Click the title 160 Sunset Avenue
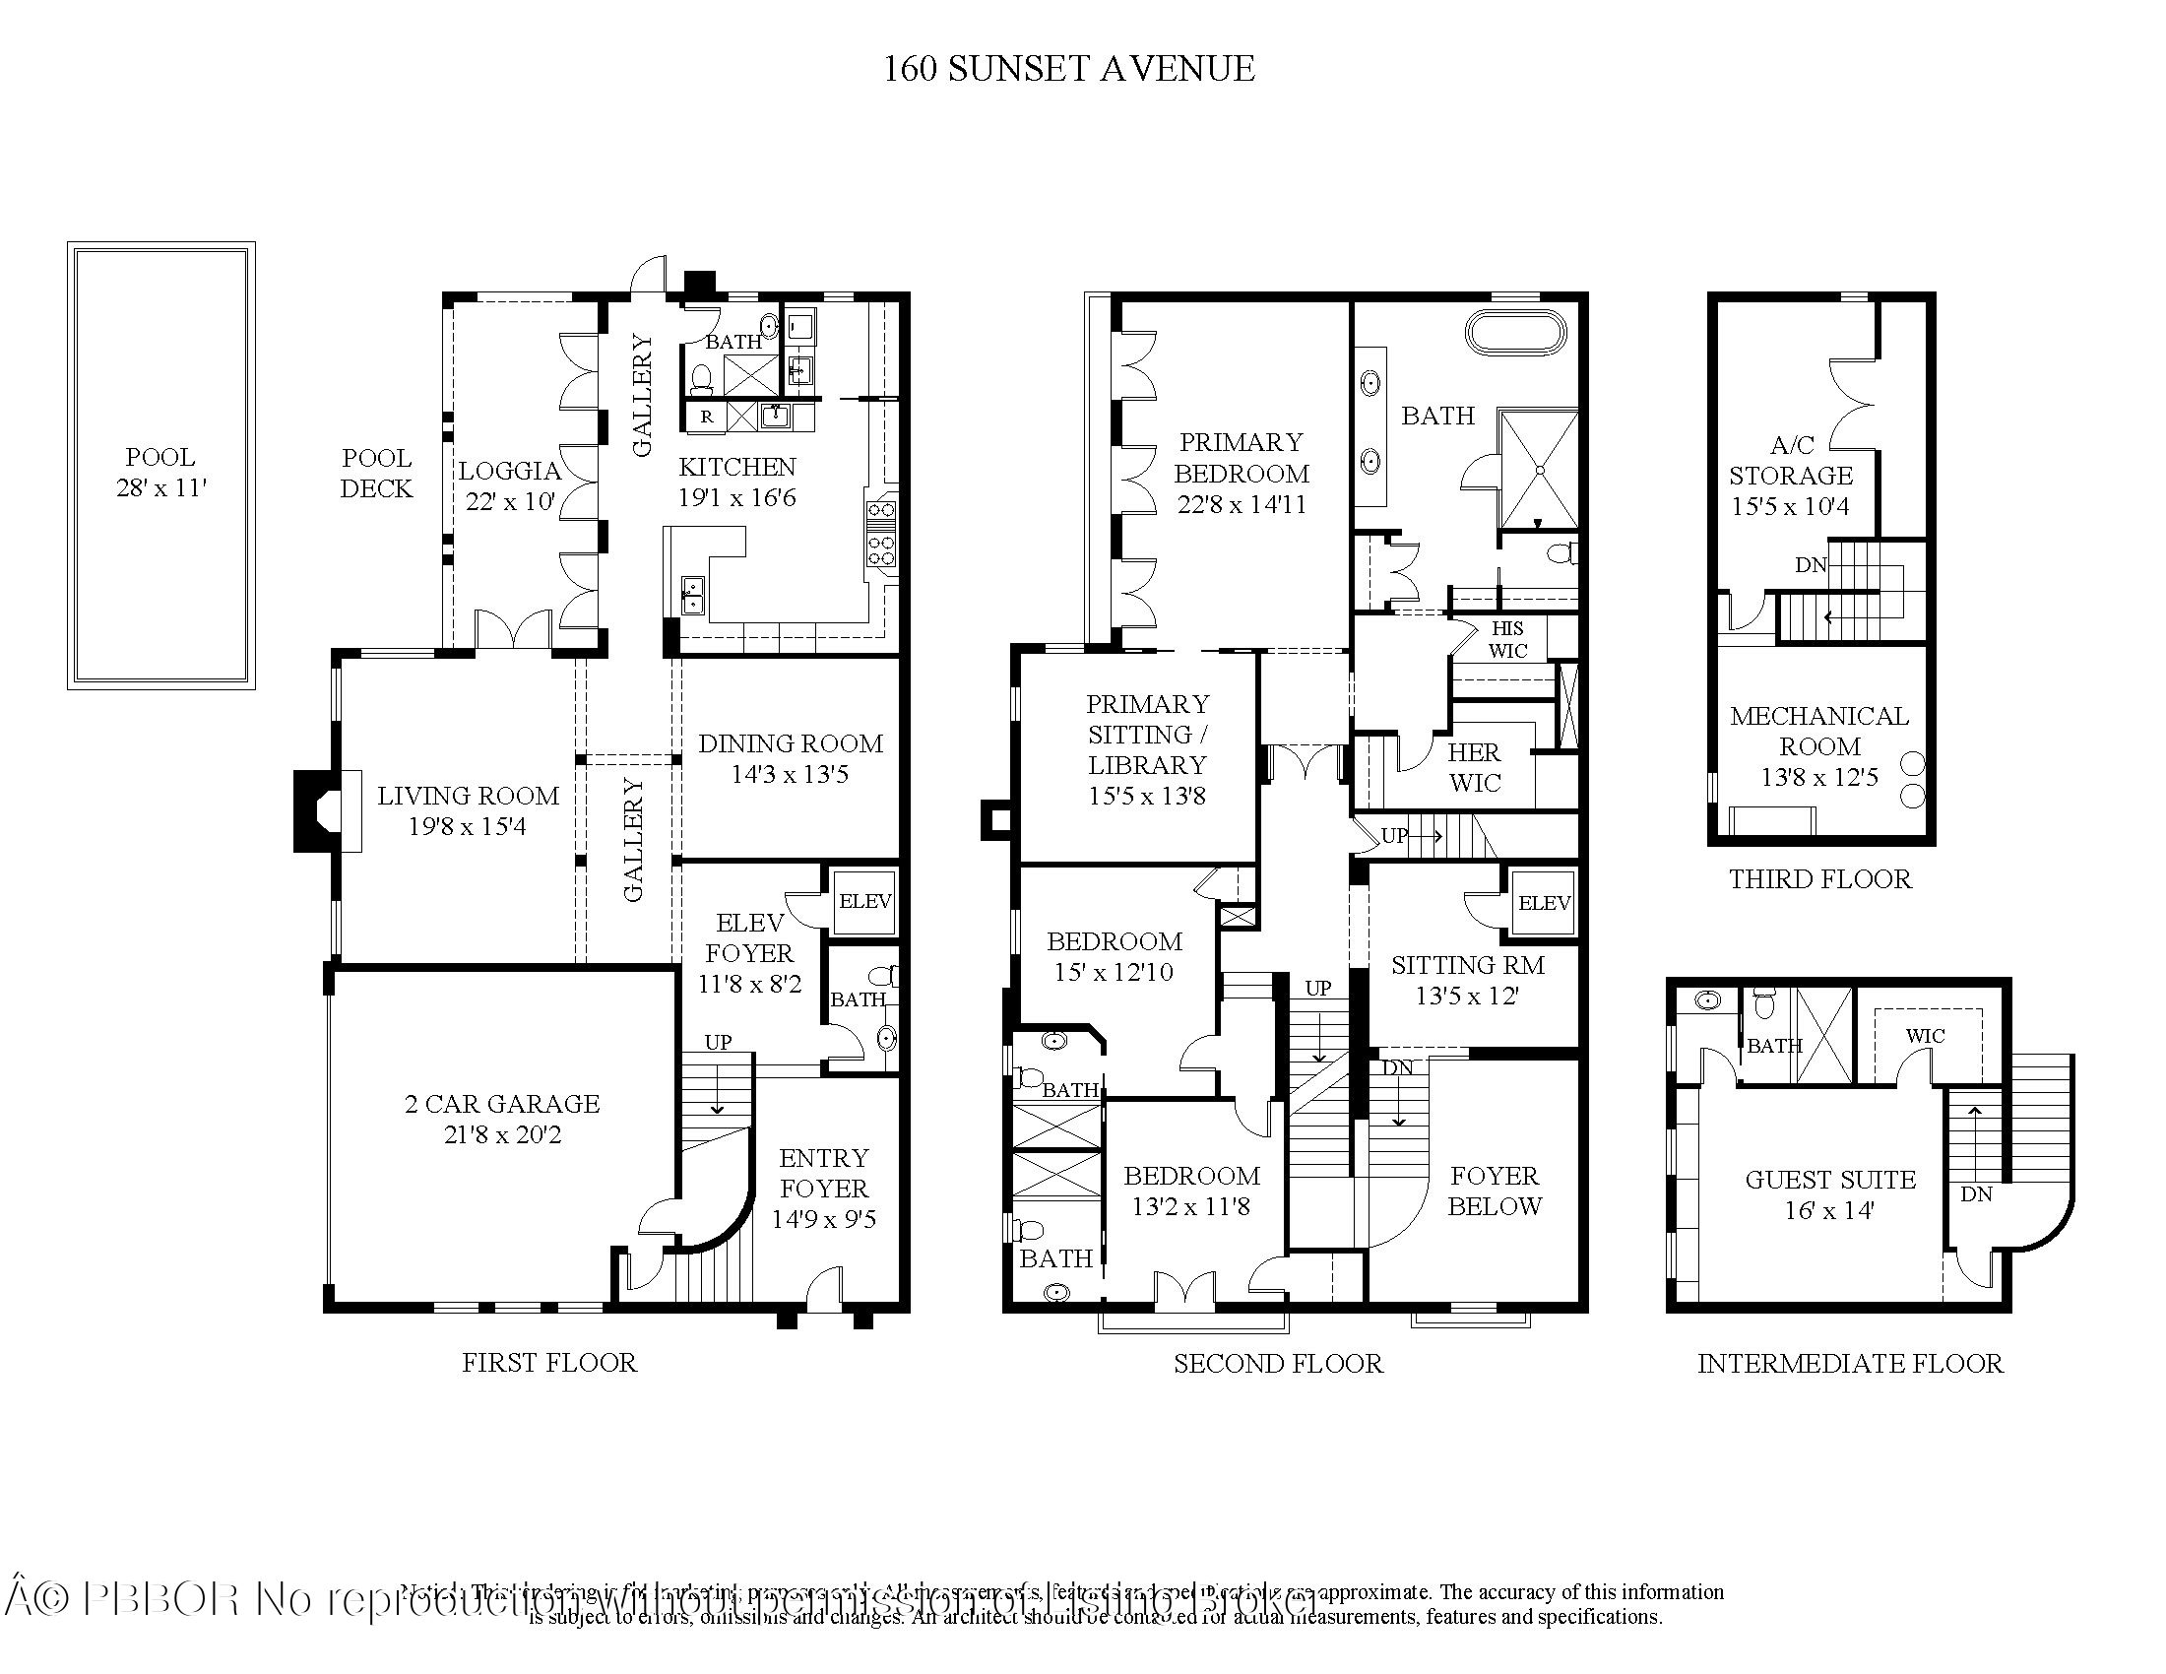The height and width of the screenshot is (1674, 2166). pos(1068,68)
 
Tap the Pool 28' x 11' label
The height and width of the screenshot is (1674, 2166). pos(160,473)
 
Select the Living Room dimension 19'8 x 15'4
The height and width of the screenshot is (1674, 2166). pos(467,826)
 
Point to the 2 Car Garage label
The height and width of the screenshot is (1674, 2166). pos(502,1104)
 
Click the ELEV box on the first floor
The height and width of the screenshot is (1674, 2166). pos(863,901)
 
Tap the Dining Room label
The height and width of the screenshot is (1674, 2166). pos(790,743)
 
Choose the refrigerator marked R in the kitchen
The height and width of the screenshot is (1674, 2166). pos(706,417)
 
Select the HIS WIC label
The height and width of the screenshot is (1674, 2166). pos(1507,640)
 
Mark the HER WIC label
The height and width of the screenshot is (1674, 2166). pos(1475,768)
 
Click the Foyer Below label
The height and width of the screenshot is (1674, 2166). pos(1495,1191)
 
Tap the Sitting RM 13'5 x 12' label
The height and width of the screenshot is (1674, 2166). pos(1467,980)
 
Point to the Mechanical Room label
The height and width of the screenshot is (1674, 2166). pos(1818,731)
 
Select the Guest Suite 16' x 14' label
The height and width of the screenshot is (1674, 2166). pos(1830,1194)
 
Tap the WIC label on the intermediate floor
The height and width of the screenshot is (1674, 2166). pos(1925,1035)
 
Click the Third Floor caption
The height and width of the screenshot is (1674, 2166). pos(1819,879)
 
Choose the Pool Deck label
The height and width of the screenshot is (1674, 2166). pos(376,473)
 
